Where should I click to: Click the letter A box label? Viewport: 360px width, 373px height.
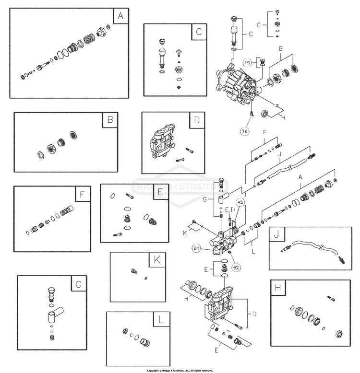120,16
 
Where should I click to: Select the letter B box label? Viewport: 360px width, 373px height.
109,120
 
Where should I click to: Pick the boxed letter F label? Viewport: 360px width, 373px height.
82,194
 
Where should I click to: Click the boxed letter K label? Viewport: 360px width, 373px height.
156,260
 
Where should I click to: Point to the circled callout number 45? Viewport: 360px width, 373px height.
240,202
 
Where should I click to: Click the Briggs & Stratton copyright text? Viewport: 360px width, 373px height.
180,370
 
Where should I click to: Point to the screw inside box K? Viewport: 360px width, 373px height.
133,271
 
